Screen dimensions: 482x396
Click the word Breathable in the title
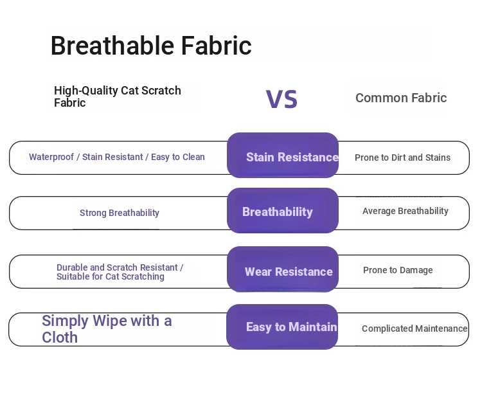pos(112,46)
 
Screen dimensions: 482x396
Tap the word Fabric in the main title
pos(217,46)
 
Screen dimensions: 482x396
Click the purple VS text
pos(281,99)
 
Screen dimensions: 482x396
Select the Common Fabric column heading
pos(401,98)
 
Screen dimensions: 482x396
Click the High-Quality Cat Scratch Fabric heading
pos(118,96)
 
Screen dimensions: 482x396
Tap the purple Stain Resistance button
pos(283,156)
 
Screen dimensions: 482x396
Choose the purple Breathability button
pos(283,211)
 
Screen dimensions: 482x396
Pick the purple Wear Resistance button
pos(283,269)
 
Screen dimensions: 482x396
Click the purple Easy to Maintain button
pos(282,327)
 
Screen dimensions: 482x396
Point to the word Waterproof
pos(51,157)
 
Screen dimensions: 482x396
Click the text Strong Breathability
pos(120,213)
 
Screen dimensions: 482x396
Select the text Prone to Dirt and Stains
pos(402,157)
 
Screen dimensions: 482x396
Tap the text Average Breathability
pos(405,211)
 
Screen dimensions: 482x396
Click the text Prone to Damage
pos(398,270)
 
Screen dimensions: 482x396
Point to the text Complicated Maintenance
pos(415,328)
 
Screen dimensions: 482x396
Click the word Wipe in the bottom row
pos(110,321)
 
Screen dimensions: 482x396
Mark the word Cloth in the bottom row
pos(60,337)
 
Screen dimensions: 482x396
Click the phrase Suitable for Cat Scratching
pos(111,276)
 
